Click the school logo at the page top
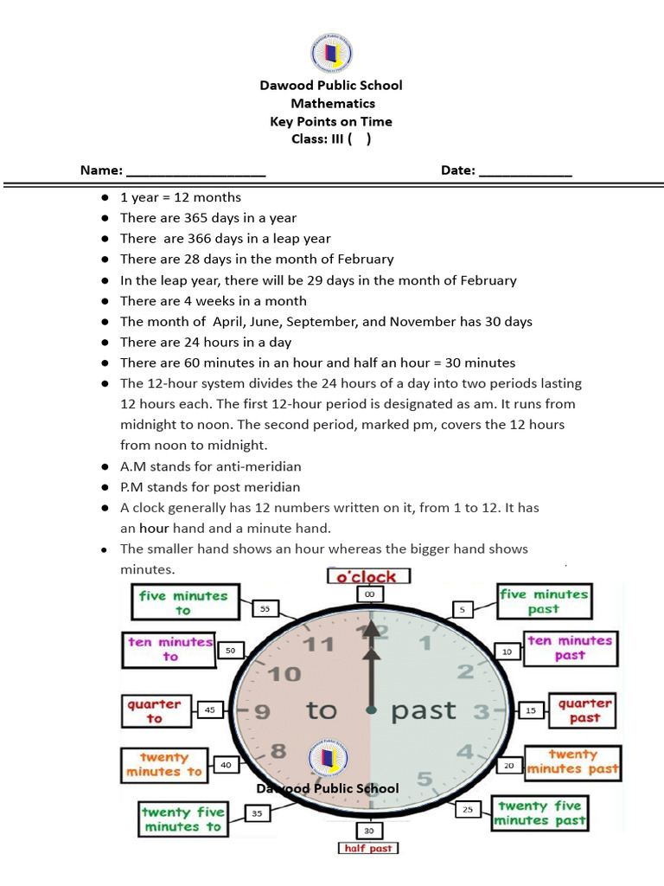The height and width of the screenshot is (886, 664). (x=332, y=54)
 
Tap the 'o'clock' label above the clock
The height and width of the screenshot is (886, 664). (x=368, y=576)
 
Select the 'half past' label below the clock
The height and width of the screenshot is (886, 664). (x=368, y=848)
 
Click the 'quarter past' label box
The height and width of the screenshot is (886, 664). (x=584, y=710)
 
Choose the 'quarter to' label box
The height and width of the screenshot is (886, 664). (x=154, y=711)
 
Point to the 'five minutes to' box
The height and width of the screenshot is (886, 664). (x=183, y=602)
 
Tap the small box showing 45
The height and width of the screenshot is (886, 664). (x=209, y=709)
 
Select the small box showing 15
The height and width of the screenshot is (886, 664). (x=531, y=710)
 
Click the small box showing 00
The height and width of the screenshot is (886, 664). (x=369, y=594)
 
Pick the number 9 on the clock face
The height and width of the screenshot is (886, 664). (x=262, y=712)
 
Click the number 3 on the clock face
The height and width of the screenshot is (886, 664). (x=481, y=712)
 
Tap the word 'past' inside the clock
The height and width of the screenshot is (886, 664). (x=424, y=711)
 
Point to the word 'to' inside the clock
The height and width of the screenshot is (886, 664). (x=322, y=711)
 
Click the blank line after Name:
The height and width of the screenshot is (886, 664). (x=195, y=171)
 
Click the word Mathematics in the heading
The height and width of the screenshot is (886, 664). (x=333, y=103)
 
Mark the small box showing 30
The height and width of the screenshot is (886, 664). (x=369, y=830)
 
